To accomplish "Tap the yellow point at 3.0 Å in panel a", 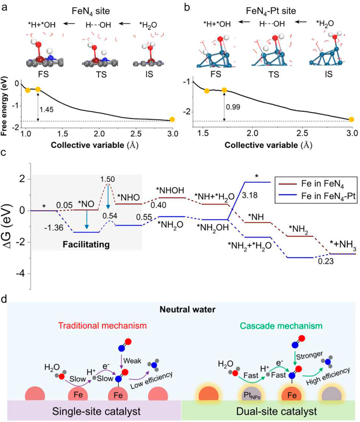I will coord(172,120).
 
